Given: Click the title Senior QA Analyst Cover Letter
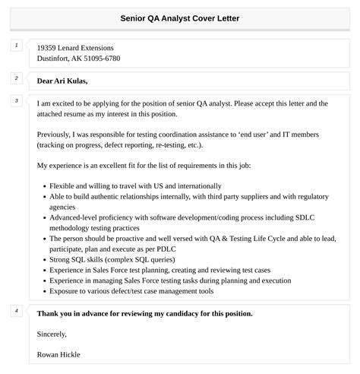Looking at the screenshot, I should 180,17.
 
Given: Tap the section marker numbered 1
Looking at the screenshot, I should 16,46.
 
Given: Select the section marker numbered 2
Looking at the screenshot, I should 16,78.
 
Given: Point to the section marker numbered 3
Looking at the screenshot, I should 16,100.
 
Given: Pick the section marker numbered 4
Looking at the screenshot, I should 16,310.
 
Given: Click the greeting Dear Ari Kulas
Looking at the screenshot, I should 62,81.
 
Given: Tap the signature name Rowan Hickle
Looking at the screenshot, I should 58,354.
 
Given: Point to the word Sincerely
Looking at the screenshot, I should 52,334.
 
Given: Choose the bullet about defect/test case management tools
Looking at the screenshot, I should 132,290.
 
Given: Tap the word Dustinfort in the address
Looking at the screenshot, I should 55,59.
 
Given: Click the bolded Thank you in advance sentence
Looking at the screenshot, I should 144,313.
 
